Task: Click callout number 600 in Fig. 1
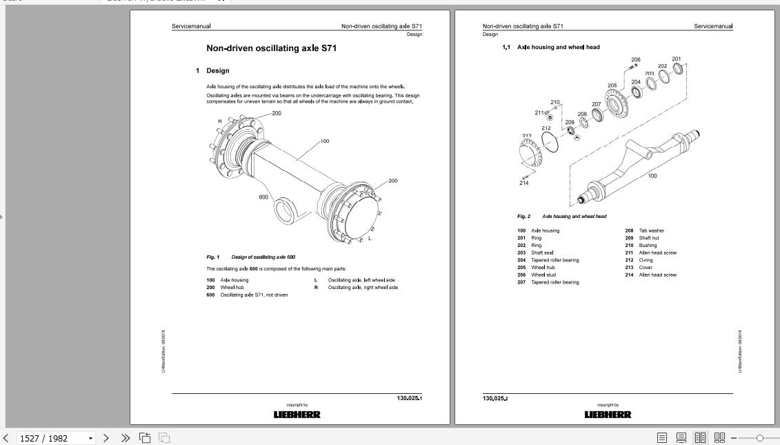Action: (263, 197)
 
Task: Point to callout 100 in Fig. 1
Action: (324, 141)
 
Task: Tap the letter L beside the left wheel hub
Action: (370, 238)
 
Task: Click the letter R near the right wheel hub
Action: (220, 121)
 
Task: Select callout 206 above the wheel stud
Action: (636, 60)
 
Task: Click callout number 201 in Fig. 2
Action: (676, 59)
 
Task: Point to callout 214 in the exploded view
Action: (524, 183)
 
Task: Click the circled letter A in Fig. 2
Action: (577, 137)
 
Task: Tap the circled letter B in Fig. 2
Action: (550, 118)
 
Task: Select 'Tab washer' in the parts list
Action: (651, 230)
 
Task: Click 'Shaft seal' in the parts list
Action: (542, 253)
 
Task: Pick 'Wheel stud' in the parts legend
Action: (543, 275)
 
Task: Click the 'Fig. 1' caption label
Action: (212, 257)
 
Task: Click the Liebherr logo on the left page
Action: (297, 415)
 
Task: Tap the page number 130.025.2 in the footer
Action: (494, 399)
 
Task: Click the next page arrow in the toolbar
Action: (106, 438)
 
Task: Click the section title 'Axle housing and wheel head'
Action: (558, 47)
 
